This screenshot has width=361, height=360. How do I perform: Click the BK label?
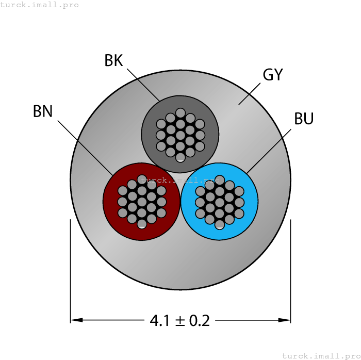click(x=113, y=61)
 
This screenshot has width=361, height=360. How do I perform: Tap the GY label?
click(x=273, y=75)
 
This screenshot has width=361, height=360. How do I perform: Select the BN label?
click(x=43, y=111)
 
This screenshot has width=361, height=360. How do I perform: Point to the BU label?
click(x=304, y=119)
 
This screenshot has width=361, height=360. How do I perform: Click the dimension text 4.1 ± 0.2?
click(x=180, y=321)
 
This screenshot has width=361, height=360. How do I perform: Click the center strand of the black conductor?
click(x=180, y=135)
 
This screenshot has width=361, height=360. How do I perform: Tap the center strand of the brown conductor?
click(x=142, y=202)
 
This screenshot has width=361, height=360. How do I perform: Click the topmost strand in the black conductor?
click(x=180, y=112)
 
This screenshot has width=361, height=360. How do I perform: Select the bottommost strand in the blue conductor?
click(x=219, y=224)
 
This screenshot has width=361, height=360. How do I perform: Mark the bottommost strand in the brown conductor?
click(x=142, y=223)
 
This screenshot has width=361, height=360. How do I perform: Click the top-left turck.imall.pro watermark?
click(x=40, y=5)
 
